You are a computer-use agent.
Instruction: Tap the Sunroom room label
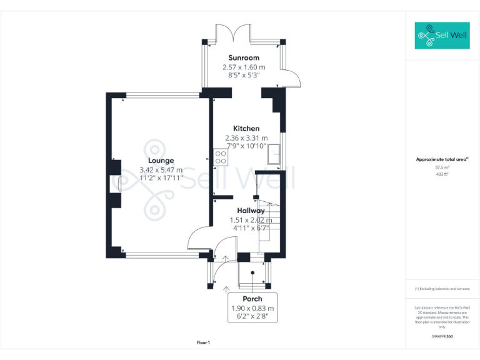[243, 58]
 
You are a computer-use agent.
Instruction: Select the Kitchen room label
[246, 129]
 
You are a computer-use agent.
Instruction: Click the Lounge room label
[161, 161]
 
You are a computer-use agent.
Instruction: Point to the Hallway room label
[251, 211]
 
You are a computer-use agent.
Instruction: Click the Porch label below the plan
[252, 299]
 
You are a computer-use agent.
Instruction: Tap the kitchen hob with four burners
[220, 157]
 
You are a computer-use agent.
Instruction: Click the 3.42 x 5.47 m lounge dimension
[161, 170]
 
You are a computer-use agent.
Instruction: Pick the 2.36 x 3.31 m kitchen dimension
[246, 138]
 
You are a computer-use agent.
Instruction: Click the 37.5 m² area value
[442, 167]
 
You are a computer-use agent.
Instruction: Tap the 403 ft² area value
[442, 174]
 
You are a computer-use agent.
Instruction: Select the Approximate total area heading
[441, 160]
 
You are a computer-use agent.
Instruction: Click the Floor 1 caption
[203, 342]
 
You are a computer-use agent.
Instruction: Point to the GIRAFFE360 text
[442, 336]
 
